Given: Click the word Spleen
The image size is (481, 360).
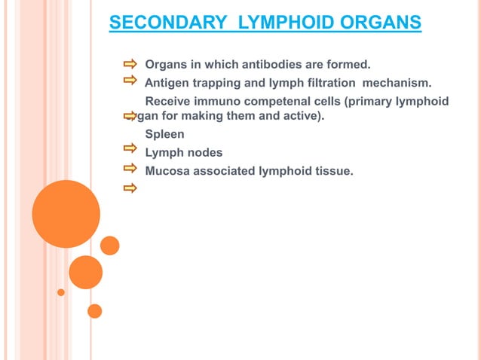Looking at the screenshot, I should [164, 135].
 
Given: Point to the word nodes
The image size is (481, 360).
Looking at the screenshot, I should [204, 153].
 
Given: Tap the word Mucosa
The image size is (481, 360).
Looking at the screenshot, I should [167, 171].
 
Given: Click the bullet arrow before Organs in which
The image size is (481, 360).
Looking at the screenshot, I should [130, 62].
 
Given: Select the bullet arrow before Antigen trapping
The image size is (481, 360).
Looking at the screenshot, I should [130, 80].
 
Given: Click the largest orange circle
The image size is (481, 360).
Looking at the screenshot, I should [66, 214].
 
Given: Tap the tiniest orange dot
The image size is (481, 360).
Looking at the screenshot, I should [61, 292].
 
